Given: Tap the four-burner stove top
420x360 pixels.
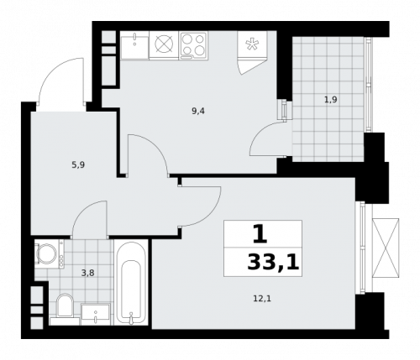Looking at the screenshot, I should pos(192,45).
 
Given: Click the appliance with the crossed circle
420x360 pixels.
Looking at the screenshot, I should pos(163,45).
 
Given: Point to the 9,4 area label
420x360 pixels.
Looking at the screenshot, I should pos(198,110).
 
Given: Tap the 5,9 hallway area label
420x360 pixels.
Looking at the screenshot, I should pos(76,164).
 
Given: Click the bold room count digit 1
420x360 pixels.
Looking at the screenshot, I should pos(260,232).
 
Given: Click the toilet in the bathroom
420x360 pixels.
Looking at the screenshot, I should pos(65,307).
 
